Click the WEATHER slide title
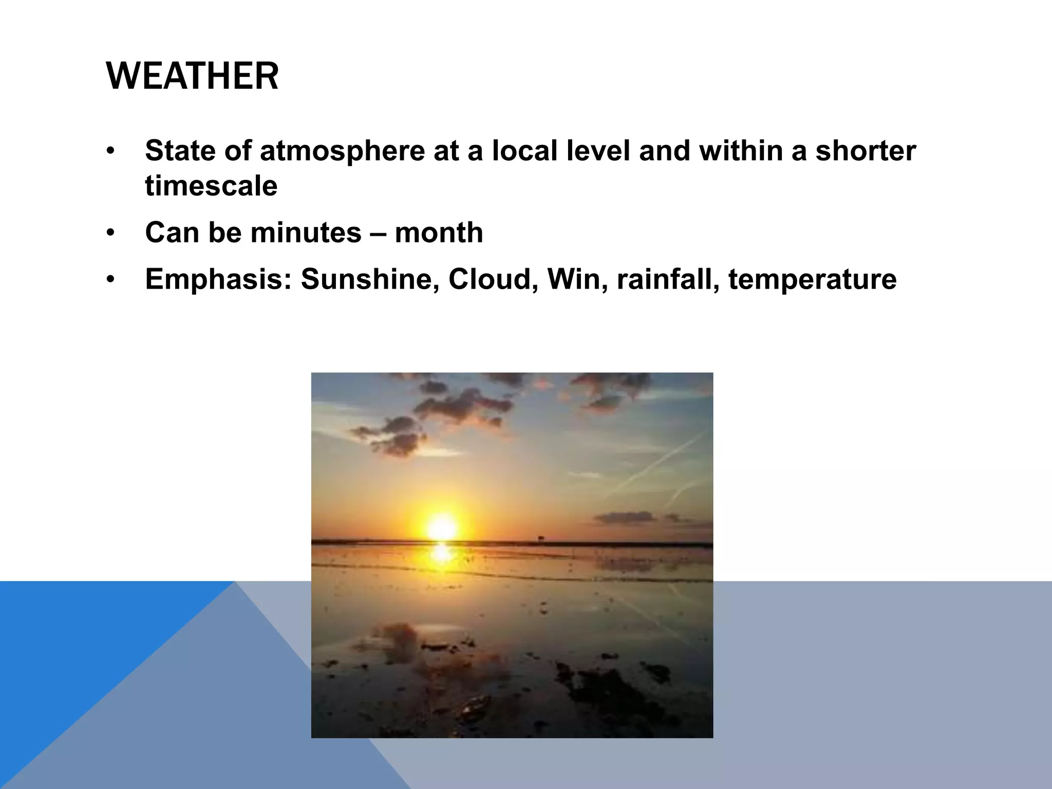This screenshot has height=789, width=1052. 192,76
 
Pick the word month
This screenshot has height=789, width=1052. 439,233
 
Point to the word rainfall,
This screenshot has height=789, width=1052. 668,279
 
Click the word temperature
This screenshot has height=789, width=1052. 812,280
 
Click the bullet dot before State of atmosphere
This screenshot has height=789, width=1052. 109,152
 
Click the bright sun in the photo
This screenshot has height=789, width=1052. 442,528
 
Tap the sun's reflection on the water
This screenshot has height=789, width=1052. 441,554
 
